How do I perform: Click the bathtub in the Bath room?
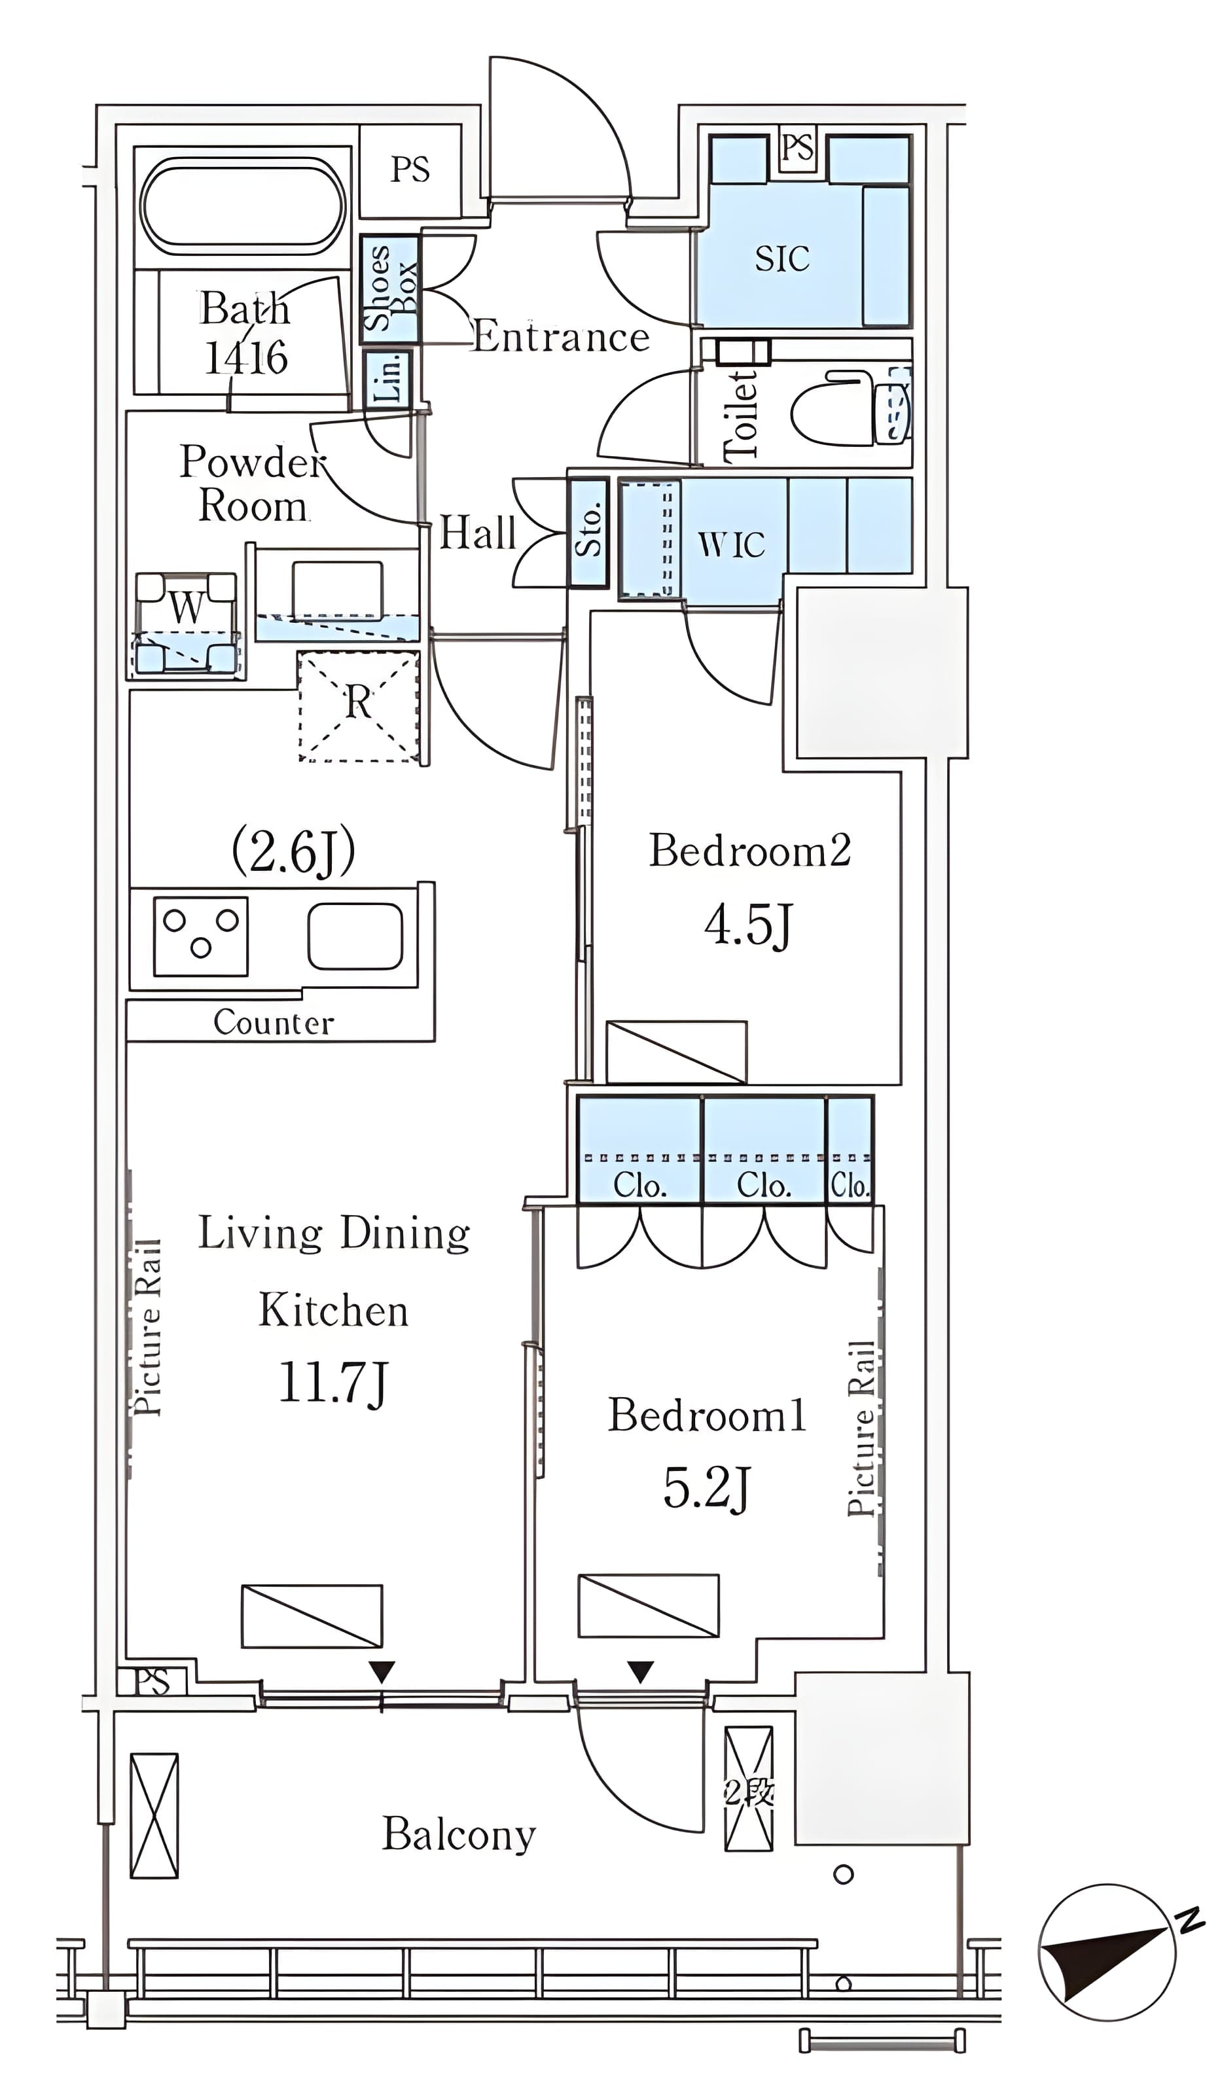click(x=243, y=206)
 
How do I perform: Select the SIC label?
click(x=781, y=258)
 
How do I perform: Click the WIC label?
click(x=731, y=545)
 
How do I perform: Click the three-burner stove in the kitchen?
click(x=200, y=936)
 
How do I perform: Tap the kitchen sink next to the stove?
click(x=355, y=936)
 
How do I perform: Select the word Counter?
click(x=274, y=1022)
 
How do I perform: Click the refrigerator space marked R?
click(x=358, y=706)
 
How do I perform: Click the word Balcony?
click(x=459, y=1834)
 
